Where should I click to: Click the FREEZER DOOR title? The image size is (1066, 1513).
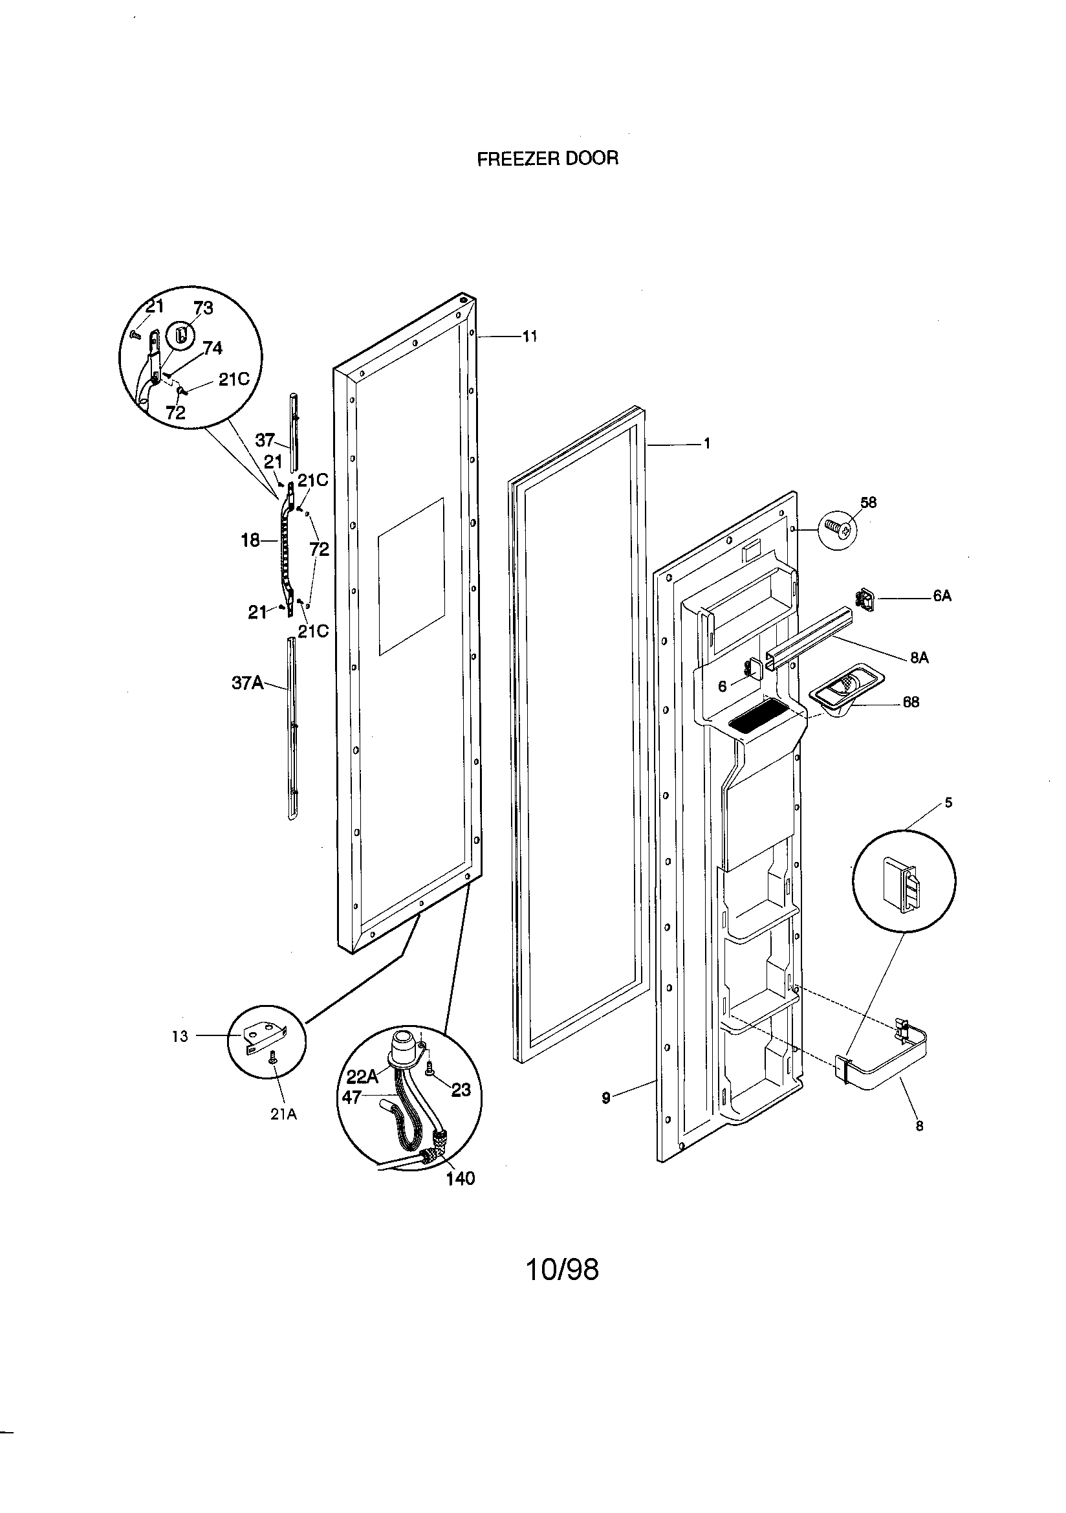tap(547, 159)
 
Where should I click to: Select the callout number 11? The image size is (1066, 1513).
tap(530, 337)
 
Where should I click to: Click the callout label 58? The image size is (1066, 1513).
tap(868, 503)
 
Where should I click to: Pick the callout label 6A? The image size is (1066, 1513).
tap(942, 597)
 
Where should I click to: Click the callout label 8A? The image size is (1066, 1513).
tap(920, 657)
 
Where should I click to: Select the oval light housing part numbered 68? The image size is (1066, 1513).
tap(846, 690)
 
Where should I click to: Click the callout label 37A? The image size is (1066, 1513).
tap(247, 683)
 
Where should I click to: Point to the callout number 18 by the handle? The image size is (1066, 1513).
tap(250, 541)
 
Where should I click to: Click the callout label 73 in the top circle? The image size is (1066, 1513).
tap(204, 309)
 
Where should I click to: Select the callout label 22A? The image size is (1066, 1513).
tap(362, 1077)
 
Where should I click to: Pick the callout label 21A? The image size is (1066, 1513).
tap(283, 1114)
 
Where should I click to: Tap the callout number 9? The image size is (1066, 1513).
tap(605, 1097)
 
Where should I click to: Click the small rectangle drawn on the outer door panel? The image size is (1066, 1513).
tap(411, 577)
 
